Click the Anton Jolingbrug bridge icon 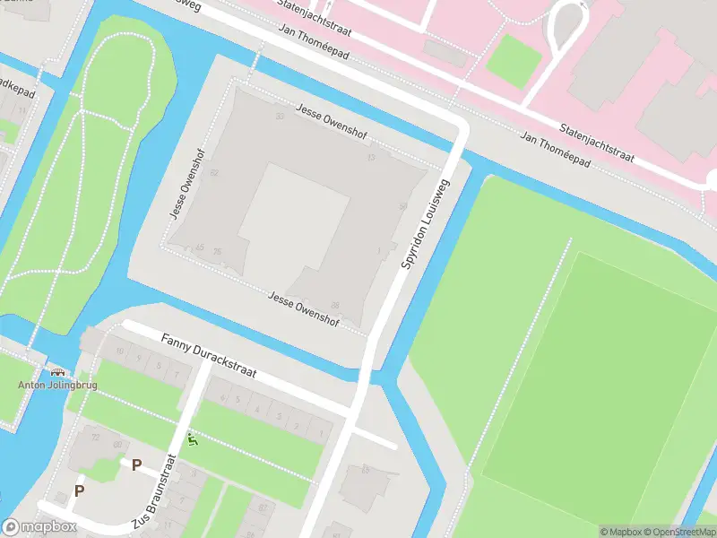point(58,372)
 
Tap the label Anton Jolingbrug point(58,386)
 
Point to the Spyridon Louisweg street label point(427,223)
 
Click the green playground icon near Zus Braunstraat point(192,439)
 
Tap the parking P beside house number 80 point(136,464)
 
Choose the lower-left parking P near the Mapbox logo point(79,490)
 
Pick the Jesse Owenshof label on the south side point(304,308)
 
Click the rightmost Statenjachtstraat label point(597,143)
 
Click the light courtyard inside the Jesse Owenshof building point(293,215)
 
